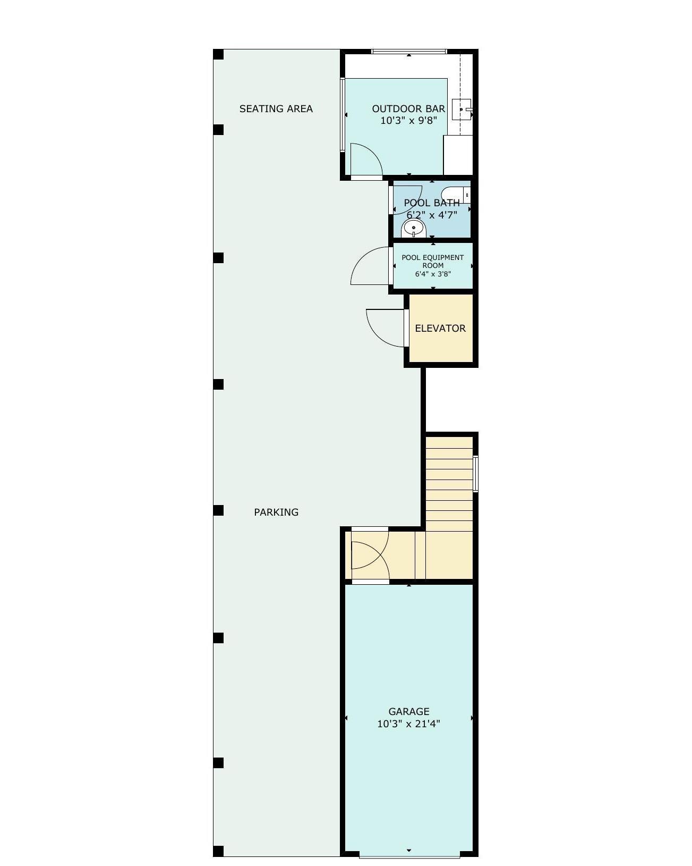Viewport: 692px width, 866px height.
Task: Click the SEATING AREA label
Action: (x=276, y=108)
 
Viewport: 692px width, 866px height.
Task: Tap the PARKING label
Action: (x=276, y=512)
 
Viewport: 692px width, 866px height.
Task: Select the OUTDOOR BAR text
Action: (x=408, y=108)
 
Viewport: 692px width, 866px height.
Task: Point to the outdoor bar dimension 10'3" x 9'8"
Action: (x=408, y=120)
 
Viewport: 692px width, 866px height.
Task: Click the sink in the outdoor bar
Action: (x=461, y=109)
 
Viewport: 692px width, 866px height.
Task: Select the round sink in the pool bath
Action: (x=414, y=229)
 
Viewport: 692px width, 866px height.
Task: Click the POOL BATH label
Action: (x=432, y=203)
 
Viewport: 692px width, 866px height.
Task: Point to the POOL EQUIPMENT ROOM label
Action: (x=433, y=261)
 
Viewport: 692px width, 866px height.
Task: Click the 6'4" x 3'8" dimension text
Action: (x=433, y=274)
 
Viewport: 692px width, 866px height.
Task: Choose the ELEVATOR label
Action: (x=440, y=329)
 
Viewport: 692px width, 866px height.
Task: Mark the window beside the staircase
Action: (x=475, y=474)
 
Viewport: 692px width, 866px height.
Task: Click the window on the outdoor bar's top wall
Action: (x=409, y=52)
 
